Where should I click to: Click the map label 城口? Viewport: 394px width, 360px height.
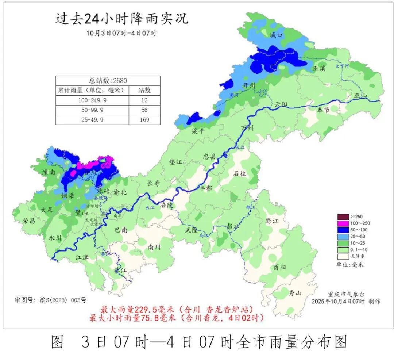(276, 35)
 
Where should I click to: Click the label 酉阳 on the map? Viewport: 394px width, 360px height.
(279, 267)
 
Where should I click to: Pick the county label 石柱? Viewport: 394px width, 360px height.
(240, 174)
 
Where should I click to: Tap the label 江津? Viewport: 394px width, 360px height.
(82, 257)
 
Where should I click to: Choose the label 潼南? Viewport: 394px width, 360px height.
(49, 172)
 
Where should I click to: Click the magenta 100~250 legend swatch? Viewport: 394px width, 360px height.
(343, 223)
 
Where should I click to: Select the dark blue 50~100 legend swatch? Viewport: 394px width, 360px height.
(343, 230)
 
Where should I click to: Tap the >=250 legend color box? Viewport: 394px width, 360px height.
(343, 217)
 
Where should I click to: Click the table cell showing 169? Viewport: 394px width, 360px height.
(144, 120)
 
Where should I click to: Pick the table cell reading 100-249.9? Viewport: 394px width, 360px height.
(92, 100)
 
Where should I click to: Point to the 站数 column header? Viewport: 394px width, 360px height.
(144, 90)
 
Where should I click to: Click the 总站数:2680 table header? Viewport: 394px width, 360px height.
(108, 81)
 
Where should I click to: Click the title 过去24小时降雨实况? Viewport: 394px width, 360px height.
(122, 18)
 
